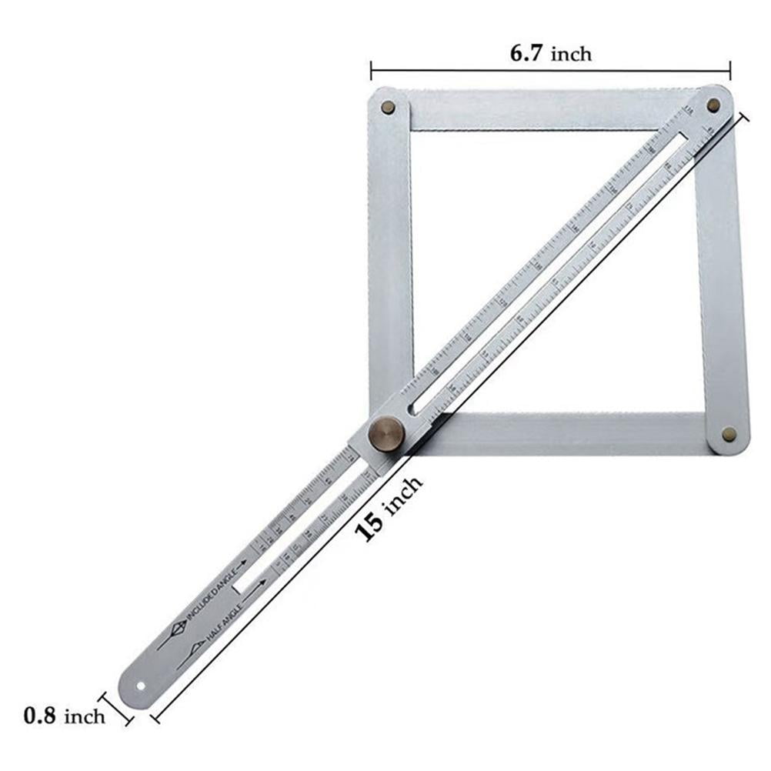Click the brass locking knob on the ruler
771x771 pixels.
pyautogui.click(x=386, y=434)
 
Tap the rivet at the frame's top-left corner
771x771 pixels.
pyautogui.click(x=389, y=107)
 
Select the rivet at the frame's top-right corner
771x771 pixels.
pyautogui.click(x=713, y=104)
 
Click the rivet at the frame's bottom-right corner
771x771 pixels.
pyautogui.click(x=728, y=434)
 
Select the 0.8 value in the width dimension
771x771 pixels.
pyautogui.click(x=39, y=716)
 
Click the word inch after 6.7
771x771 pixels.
pyautogui.click(x=570, y=54)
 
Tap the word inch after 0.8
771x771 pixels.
pyautogui.click(x=84, y=716)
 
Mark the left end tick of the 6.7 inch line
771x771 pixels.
pyautogui.click(x=371, y=71)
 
